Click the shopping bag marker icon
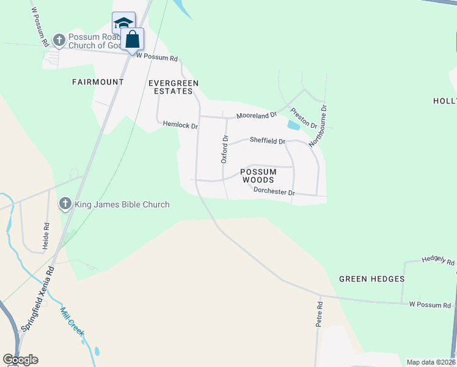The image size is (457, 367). point(133,40)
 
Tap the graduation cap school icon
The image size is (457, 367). point(122,24)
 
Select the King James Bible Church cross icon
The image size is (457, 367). point(65,204)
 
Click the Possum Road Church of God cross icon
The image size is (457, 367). point(59,41)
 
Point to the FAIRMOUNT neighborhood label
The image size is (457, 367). point(98,82)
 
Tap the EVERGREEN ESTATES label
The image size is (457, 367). point(174,86)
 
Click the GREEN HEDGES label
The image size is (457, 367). point(371,279)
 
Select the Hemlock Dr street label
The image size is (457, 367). point(180,125)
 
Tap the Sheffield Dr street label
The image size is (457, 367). point(268,141)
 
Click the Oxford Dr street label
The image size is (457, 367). point(224,149)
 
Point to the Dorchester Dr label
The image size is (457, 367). point(274,192)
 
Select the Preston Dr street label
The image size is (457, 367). point(303,118)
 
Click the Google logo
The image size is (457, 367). point(20,360)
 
